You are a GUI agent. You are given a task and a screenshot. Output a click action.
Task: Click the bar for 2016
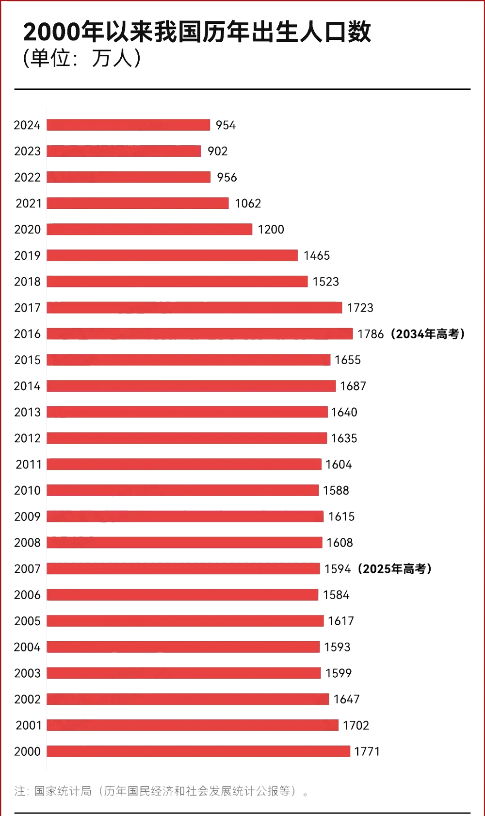pos(199,333)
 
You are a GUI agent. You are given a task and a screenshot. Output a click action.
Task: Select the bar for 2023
pos(124,151)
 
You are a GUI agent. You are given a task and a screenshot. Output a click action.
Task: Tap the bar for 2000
pos(198,751)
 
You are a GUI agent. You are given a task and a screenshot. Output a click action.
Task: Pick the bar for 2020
pos(149,229)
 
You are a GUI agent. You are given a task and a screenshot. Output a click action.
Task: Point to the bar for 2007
pos(183,568)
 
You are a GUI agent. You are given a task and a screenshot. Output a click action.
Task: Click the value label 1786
pos(371,334)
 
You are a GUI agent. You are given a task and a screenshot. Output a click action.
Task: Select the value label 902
pos(217,151)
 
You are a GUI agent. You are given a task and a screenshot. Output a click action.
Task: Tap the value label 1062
pos(248,203)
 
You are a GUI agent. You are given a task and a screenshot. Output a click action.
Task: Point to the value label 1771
pos(367,751)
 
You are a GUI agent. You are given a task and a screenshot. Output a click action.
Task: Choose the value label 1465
pos(317,256)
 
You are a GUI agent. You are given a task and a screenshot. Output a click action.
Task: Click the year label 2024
pos(27,125)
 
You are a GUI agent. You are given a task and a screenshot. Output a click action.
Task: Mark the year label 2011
pos(28,465)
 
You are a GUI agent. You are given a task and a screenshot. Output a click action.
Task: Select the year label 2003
pos(27,673)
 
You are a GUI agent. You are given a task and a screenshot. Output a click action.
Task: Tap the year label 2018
pos(27,282)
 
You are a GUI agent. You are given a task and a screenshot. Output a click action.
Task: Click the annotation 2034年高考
pos(427,334)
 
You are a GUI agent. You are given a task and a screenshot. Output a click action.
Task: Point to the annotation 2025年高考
pos(394,569)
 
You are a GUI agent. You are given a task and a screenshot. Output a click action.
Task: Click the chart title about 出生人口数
pos(197,32)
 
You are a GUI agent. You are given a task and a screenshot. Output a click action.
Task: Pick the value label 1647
pos(346,699)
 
